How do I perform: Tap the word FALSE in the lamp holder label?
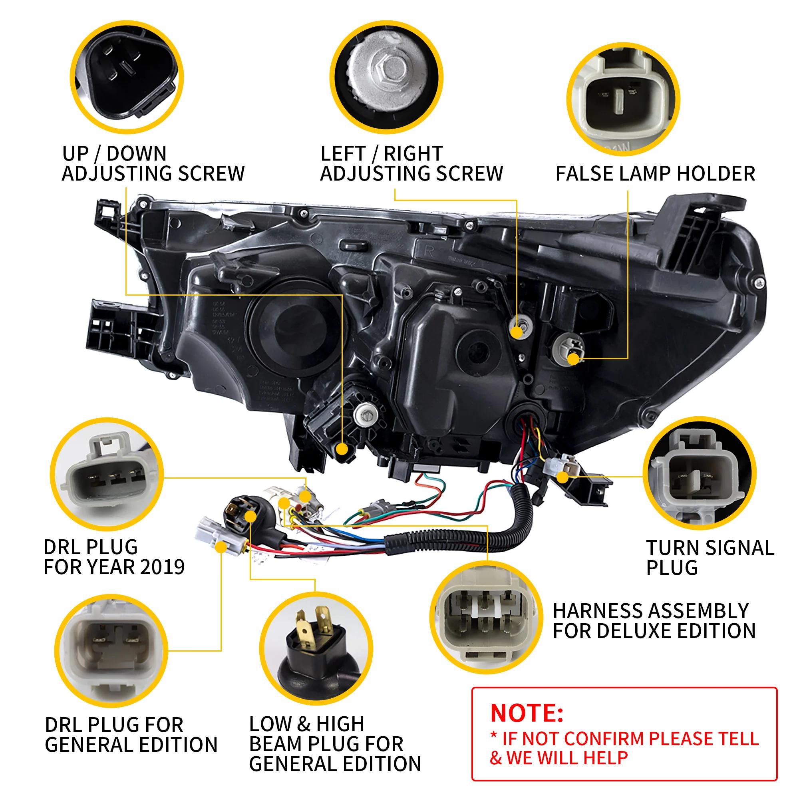point(584,174)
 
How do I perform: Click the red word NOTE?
point(527,713)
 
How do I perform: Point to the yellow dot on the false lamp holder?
point(573,359)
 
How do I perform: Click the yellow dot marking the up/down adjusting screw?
point(342,449)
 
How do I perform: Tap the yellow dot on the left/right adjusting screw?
point(517,331)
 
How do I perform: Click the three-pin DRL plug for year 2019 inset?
point(107,474)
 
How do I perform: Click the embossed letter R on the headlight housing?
point(429,250)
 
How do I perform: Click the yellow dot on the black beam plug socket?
point(250,516)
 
